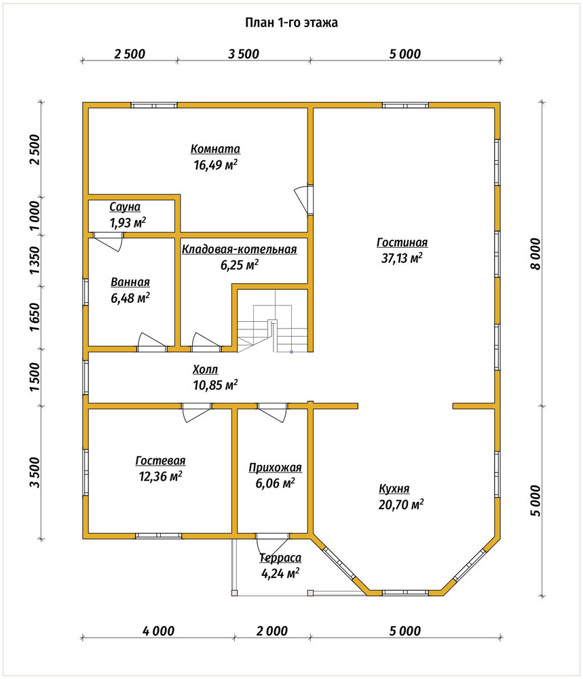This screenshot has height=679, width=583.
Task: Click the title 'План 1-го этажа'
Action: point(291,22)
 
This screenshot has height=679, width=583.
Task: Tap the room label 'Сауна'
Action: point(125,207)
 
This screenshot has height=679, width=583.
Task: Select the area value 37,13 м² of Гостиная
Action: point(402,259)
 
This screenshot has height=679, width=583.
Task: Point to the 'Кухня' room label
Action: point(394,488)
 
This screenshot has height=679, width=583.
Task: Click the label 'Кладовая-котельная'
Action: point(240,249)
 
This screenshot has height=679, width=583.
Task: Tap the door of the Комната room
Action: point(303,200)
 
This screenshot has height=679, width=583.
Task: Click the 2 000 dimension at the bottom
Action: point(271,631)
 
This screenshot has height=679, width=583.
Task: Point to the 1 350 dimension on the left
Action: point(35,260)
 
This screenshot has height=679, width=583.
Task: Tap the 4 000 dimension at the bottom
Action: point(158,631)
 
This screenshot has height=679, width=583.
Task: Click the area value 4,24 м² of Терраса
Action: point(280,574)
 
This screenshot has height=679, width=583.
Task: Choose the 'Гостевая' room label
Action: point(160,461)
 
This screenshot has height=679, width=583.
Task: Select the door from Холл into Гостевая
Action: point(197,412)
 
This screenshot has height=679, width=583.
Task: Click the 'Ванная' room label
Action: point(130,282)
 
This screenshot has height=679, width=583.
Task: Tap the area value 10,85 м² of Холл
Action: point(215,385)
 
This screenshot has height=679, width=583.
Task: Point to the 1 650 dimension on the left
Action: point(35,316)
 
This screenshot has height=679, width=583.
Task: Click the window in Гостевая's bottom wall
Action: point(158,536)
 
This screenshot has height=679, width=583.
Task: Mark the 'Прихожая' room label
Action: point(275,468)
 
